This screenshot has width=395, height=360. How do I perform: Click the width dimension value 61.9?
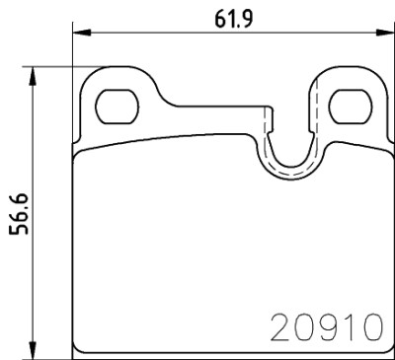[234, 18]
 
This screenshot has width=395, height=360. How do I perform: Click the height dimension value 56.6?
[19, 214]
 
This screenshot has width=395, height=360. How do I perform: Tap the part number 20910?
[327, 327]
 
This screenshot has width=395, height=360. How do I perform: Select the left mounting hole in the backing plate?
[117, 107]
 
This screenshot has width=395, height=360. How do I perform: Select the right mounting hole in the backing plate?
[351, 107]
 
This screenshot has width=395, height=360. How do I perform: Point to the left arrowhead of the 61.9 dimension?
[81, 33]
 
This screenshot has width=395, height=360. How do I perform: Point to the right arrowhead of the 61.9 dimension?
[385, 33]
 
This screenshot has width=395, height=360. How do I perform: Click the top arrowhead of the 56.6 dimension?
[32, 76]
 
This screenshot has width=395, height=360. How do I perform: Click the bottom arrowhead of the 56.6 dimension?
[32, 350]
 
